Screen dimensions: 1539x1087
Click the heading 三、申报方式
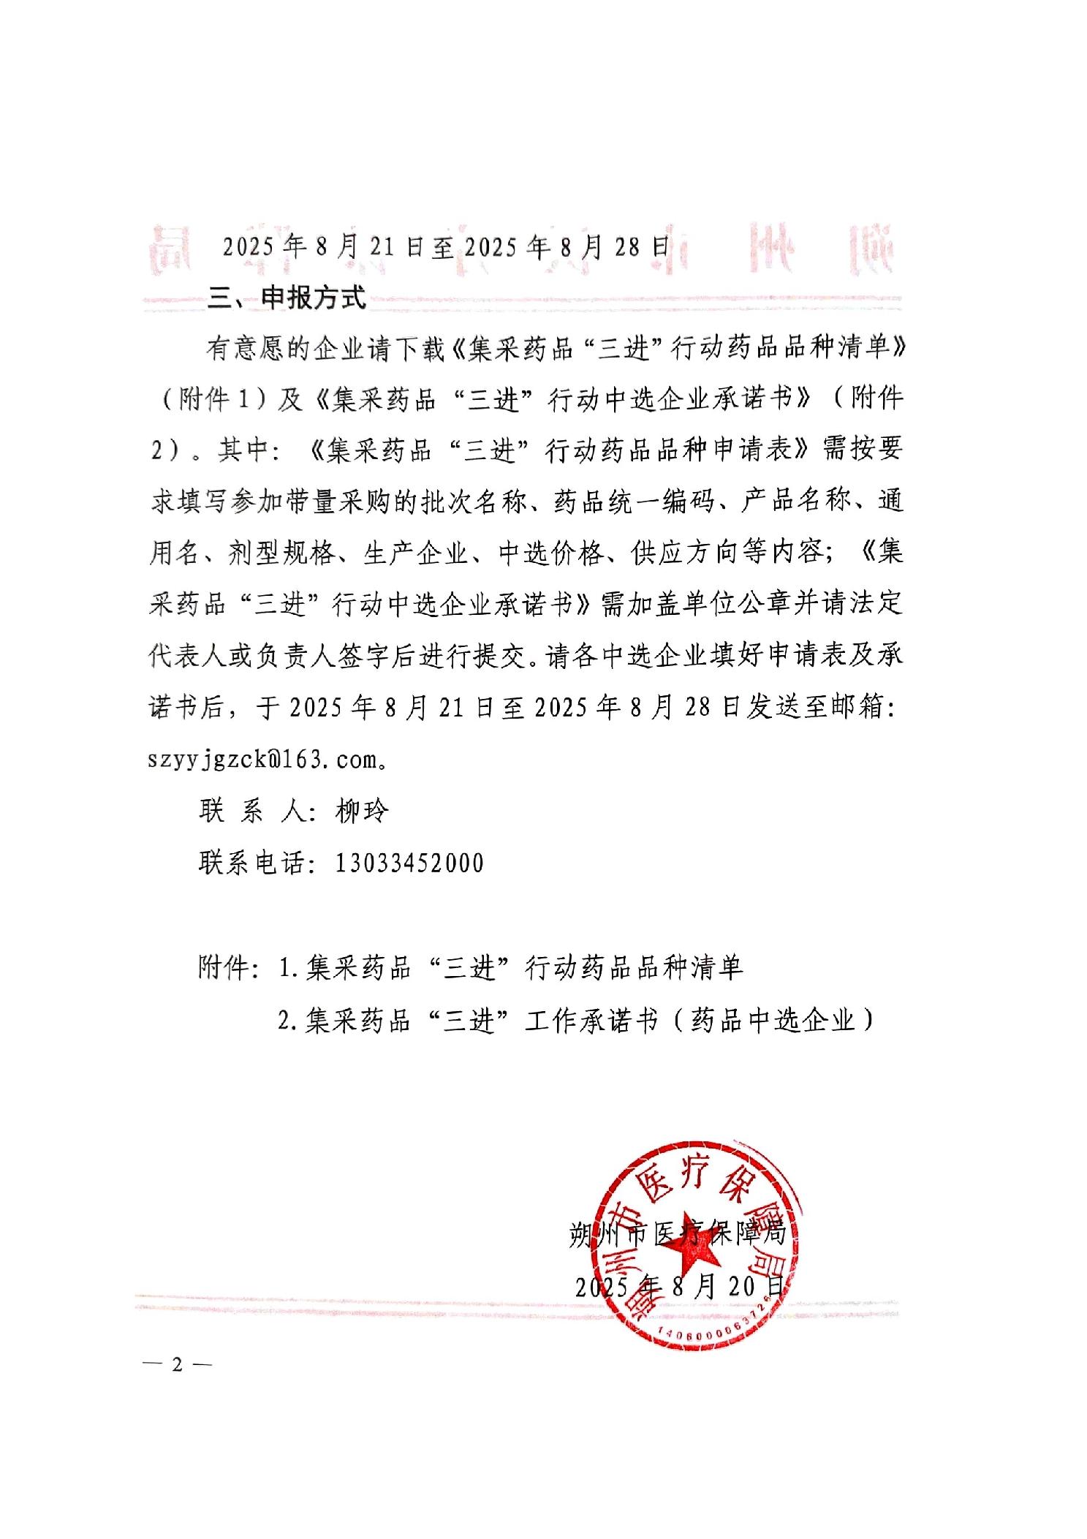point(287,298)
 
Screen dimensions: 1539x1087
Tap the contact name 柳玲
point(362,811)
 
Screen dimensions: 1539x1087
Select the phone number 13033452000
point(409,863)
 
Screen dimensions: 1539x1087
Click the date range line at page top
point(446,247)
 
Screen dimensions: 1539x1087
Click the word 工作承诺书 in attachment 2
point(592,1020)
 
